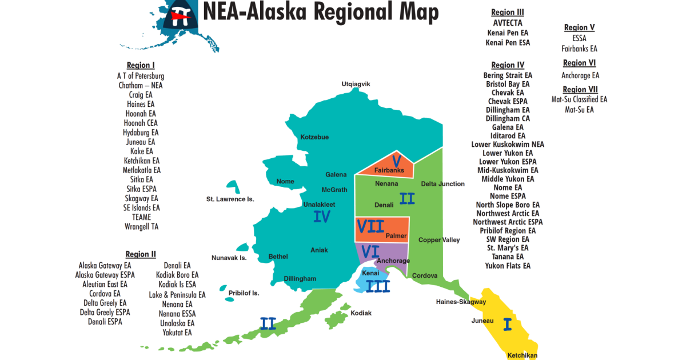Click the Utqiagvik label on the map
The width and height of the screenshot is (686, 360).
pos(356,84)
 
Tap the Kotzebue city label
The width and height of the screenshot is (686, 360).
pos(315,137)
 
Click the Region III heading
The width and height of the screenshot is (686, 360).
pos(508,13)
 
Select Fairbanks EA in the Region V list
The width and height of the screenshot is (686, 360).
pos(579,49)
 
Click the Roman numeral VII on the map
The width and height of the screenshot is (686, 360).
pos(370,226)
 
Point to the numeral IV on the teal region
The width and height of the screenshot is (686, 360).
pos(322,217)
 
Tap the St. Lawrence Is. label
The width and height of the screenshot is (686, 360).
pos(230,199)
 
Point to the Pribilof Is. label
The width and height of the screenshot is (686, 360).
pos(244,293)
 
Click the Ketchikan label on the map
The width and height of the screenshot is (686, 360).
pos(523,355)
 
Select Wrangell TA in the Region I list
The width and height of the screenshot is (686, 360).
pos(142,227)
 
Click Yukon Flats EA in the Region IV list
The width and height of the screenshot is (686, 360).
pos(508,266)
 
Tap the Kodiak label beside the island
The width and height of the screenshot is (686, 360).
pos(361,313)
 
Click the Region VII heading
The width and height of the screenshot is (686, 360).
pos(580,90)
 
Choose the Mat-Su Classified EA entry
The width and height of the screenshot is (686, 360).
pos(579,99)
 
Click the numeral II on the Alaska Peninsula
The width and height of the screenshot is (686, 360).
pos(268,324)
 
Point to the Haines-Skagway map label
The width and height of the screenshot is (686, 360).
pos(461,302)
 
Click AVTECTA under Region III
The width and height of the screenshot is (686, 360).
pos(508,23)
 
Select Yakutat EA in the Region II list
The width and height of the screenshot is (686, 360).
pos(177,333)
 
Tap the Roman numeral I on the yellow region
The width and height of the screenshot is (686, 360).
pos(506,325)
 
